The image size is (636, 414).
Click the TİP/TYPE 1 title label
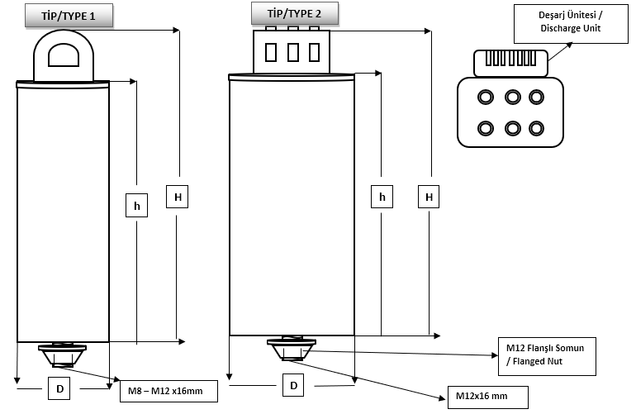[x=69, y=16]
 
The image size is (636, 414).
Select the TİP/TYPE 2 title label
[x=295, y=14]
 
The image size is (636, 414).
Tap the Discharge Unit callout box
[x=571, y=23]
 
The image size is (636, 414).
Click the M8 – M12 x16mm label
[x=168, y=391]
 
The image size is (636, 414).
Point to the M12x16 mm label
[x=488, y=397]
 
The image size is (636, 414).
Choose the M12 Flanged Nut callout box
[x=547, y=356]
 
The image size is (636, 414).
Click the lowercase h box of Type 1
[x=136, y=206]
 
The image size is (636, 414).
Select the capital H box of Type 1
[x=178, y=197]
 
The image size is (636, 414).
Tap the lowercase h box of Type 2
[x=382, y=197]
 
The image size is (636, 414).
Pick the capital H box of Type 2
[x=429, y=197]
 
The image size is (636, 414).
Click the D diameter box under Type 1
[x=59, y=388]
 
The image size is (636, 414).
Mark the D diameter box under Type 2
[x=293, y=385]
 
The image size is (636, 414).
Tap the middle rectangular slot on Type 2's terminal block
[x=293, y=52]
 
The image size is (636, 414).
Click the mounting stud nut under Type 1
[x=63, y=355]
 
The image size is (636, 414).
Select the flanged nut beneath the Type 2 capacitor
[x=292, y=349]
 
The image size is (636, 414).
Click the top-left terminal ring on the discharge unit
[x=486, y=98]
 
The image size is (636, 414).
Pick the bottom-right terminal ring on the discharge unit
[x=536, y=129]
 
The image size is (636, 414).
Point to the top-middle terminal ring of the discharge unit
[x=513, y=98]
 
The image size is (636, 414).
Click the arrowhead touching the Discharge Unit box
[x=569, y=45]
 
